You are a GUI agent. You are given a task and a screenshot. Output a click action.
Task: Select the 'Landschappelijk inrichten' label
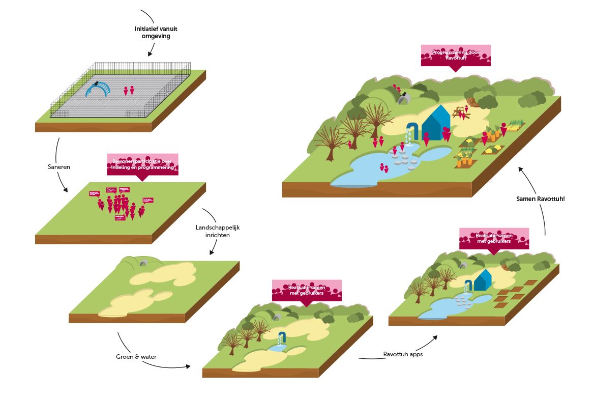(x=217, y=231)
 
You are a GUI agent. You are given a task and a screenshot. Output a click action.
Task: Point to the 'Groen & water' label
(x=137, y=357)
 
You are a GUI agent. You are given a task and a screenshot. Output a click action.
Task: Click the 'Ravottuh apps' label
(x=403, y=354)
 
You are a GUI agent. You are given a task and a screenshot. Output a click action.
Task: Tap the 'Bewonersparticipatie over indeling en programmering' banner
(x=142, y=164)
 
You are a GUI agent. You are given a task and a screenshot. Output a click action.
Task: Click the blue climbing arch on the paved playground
(x=98, y=89)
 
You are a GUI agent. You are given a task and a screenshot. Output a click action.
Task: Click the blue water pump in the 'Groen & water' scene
(x=282, y=337)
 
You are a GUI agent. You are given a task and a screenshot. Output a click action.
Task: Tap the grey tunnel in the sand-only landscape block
(x=144, y=263)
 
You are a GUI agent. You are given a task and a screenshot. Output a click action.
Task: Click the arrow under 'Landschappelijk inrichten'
(x=212, y=249)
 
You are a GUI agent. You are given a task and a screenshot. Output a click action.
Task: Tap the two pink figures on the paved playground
(x=129, y=91)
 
